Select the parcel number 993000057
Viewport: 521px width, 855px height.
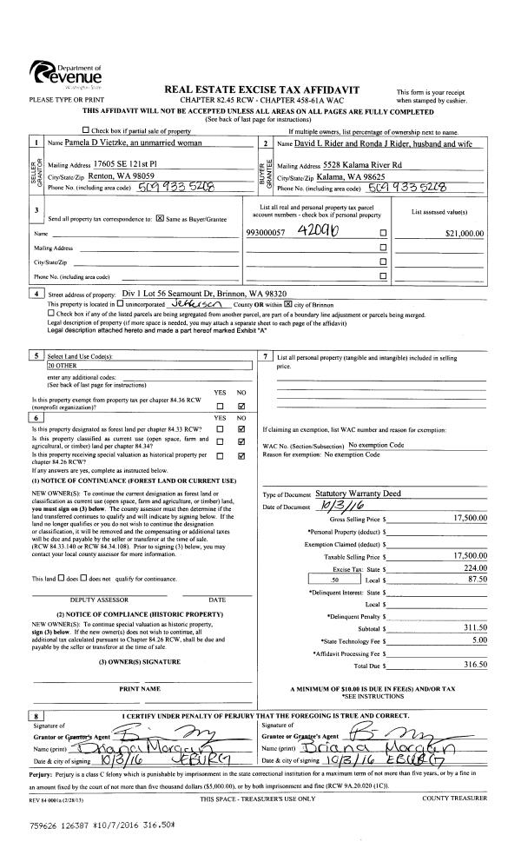[269, 233]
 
